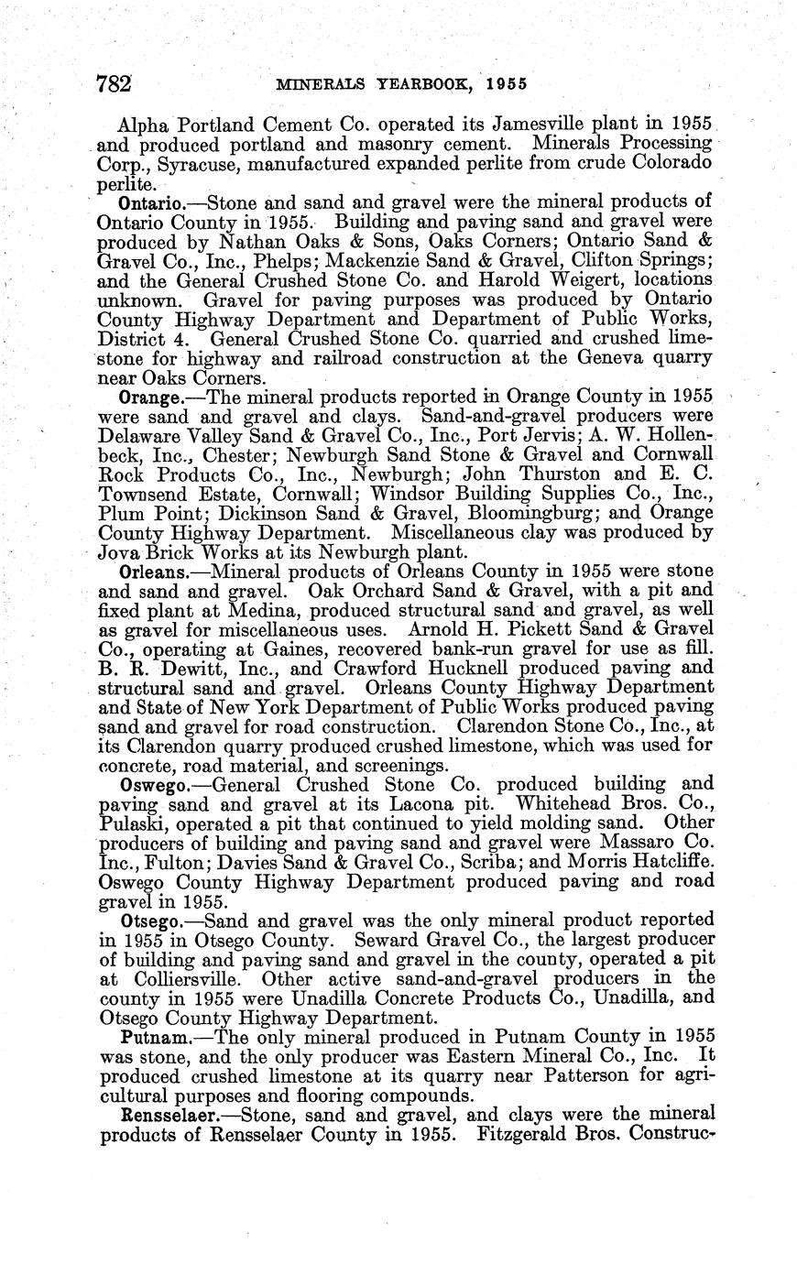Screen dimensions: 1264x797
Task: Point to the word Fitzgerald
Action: [x=529, y=1136]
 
